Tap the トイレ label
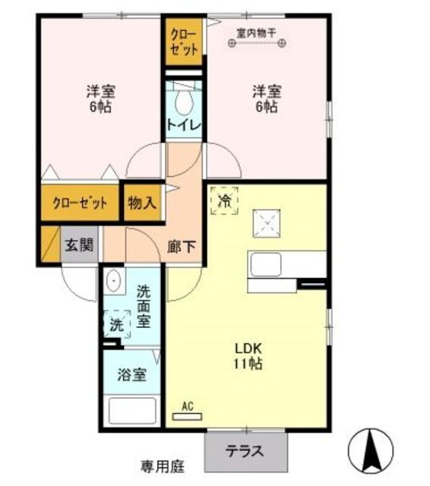pos(184,125)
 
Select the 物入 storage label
pos(142,203)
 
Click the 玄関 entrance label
pos(79,245)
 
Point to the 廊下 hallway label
pos(182,247)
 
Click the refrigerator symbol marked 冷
pos(224,200)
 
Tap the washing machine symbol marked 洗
pos(117,324)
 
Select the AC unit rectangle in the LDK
pos(187,417)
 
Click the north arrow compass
pos(371,450)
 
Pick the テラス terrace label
pos(245,451)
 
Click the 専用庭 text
pos(163,466)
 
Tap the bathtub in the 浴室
pos(132,411)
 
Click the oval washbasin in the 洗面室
pos(114,281)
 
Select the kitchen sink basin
pos(266,265)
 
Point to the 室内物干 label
pos(256,33)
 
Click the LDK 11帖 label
pos(248,356)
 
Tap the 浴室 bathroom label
pos(131,374)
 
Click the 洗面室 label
pos(144,306)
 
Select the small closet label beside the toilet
pos(184,43)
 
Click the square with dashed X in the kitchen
pos(267,223)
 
